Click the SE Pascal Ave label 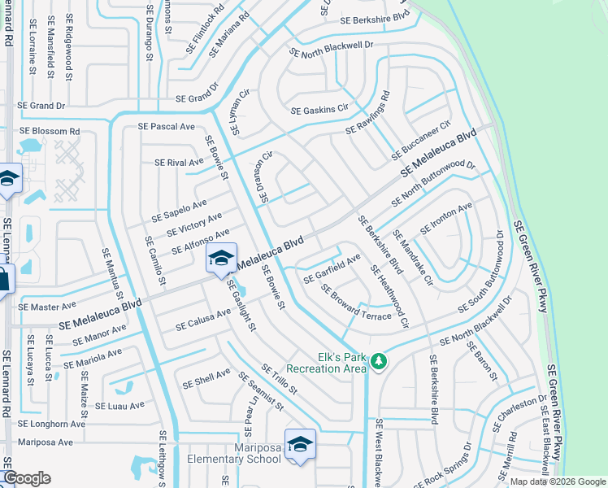167,127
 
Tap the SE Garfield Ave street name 332,269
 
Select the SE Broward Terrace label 356,302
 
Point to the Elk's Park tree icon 378,360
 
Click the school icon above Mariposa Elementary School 300,444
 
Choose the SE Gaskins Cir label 319,110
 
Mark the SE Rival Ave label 179,163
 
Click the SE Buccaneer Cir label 420,142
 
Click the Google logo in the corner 27,478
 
